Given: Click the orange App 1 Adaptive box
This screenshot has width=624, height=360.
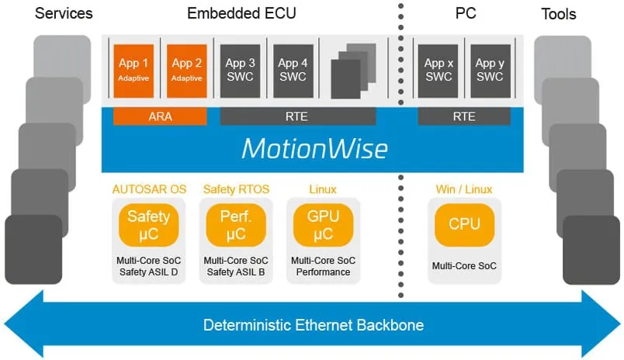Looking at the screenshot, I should (134, 69).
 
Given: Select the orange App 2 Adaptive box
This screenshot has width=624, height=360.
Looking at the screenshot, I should (186, 69).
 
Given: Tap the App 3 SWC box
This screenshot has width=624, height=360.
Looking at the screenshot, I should (240, 69).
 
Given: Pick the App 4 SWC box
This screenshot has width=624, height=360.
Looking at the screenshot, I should (293, 69).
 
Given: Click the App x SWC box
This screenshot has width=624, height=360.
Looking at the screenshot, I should (439, 69).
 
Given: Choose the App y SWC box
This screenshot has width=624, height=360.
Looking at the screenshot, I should (491, 69).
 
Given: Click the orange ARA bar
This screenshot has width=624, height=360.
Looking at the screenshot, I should (160, 116).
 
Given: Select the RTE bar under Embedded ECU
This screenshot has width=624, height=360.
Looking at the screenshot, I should (298, 116).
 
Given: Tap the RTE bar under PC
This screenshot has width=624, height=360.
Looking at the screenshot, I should (464, 116).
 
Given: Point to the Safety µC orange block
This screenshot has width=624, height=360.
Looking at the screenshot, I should (148, 224).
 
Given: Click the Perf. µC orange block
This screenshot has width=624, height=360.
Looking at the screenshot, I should (236, 224).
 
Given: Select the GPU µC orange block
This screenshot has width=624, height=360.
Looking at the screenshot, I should (323, 224).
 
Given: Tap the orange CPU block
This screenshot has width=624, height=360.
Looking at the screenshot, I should (464, 224).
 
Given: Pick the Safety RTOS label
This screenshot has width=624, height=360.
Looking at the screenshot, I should (236, 189).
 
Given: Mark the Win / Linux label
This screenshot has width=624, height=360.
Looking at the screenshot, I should (464, 189).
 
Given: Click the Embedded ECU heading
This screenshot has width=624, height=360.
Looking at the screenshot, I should (241, 13).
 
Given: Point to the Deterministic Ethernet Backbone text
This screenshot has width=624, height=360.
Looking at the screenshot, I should (314, 325).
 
